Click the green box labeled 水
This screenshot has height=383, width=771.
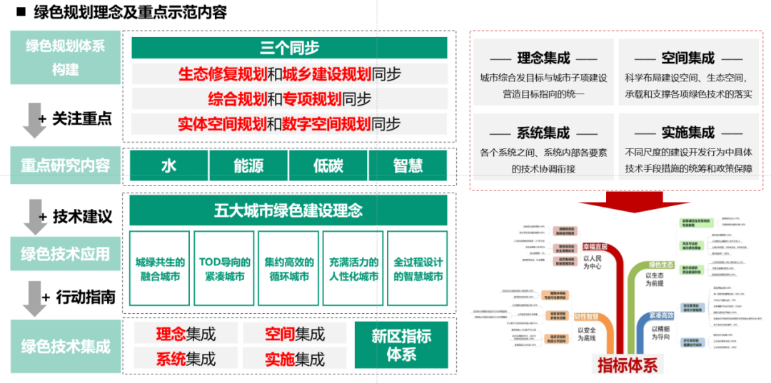(168, 165)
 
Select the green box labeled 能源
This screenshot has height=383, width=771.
(248, 165)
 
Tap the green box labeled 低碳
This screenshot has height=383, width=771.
(328, 165)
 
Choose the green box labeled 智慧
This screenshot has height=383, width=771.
(408, 165)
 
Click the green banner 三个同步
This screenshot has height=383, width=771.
(289, 48)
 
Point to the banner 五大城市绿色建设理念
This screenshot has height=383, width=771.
(288, 211)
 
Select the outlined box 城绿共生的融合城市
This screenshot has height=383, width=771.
(160, 269)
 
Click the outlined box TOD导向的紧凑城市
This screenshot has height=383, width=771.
(224, 269)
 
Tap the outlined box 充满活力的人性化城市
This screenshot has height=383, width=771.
(353, 269)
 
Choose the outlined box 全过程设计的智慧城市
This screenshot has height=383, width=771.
(418, 269)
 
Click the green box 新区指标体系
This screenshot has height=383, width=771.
(401, 345)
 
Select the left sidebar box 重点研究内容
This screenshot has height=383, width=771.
(65, 165)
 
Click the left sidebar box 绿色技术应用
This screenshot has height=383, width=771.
(65, 254)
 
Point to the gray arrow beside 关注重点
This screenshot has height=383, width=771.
(34, 119)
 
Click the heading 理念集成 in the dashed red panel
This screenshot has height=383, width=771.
(543, 58)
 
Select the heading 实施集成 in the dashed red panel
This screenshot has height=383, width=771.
(687, 133)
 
